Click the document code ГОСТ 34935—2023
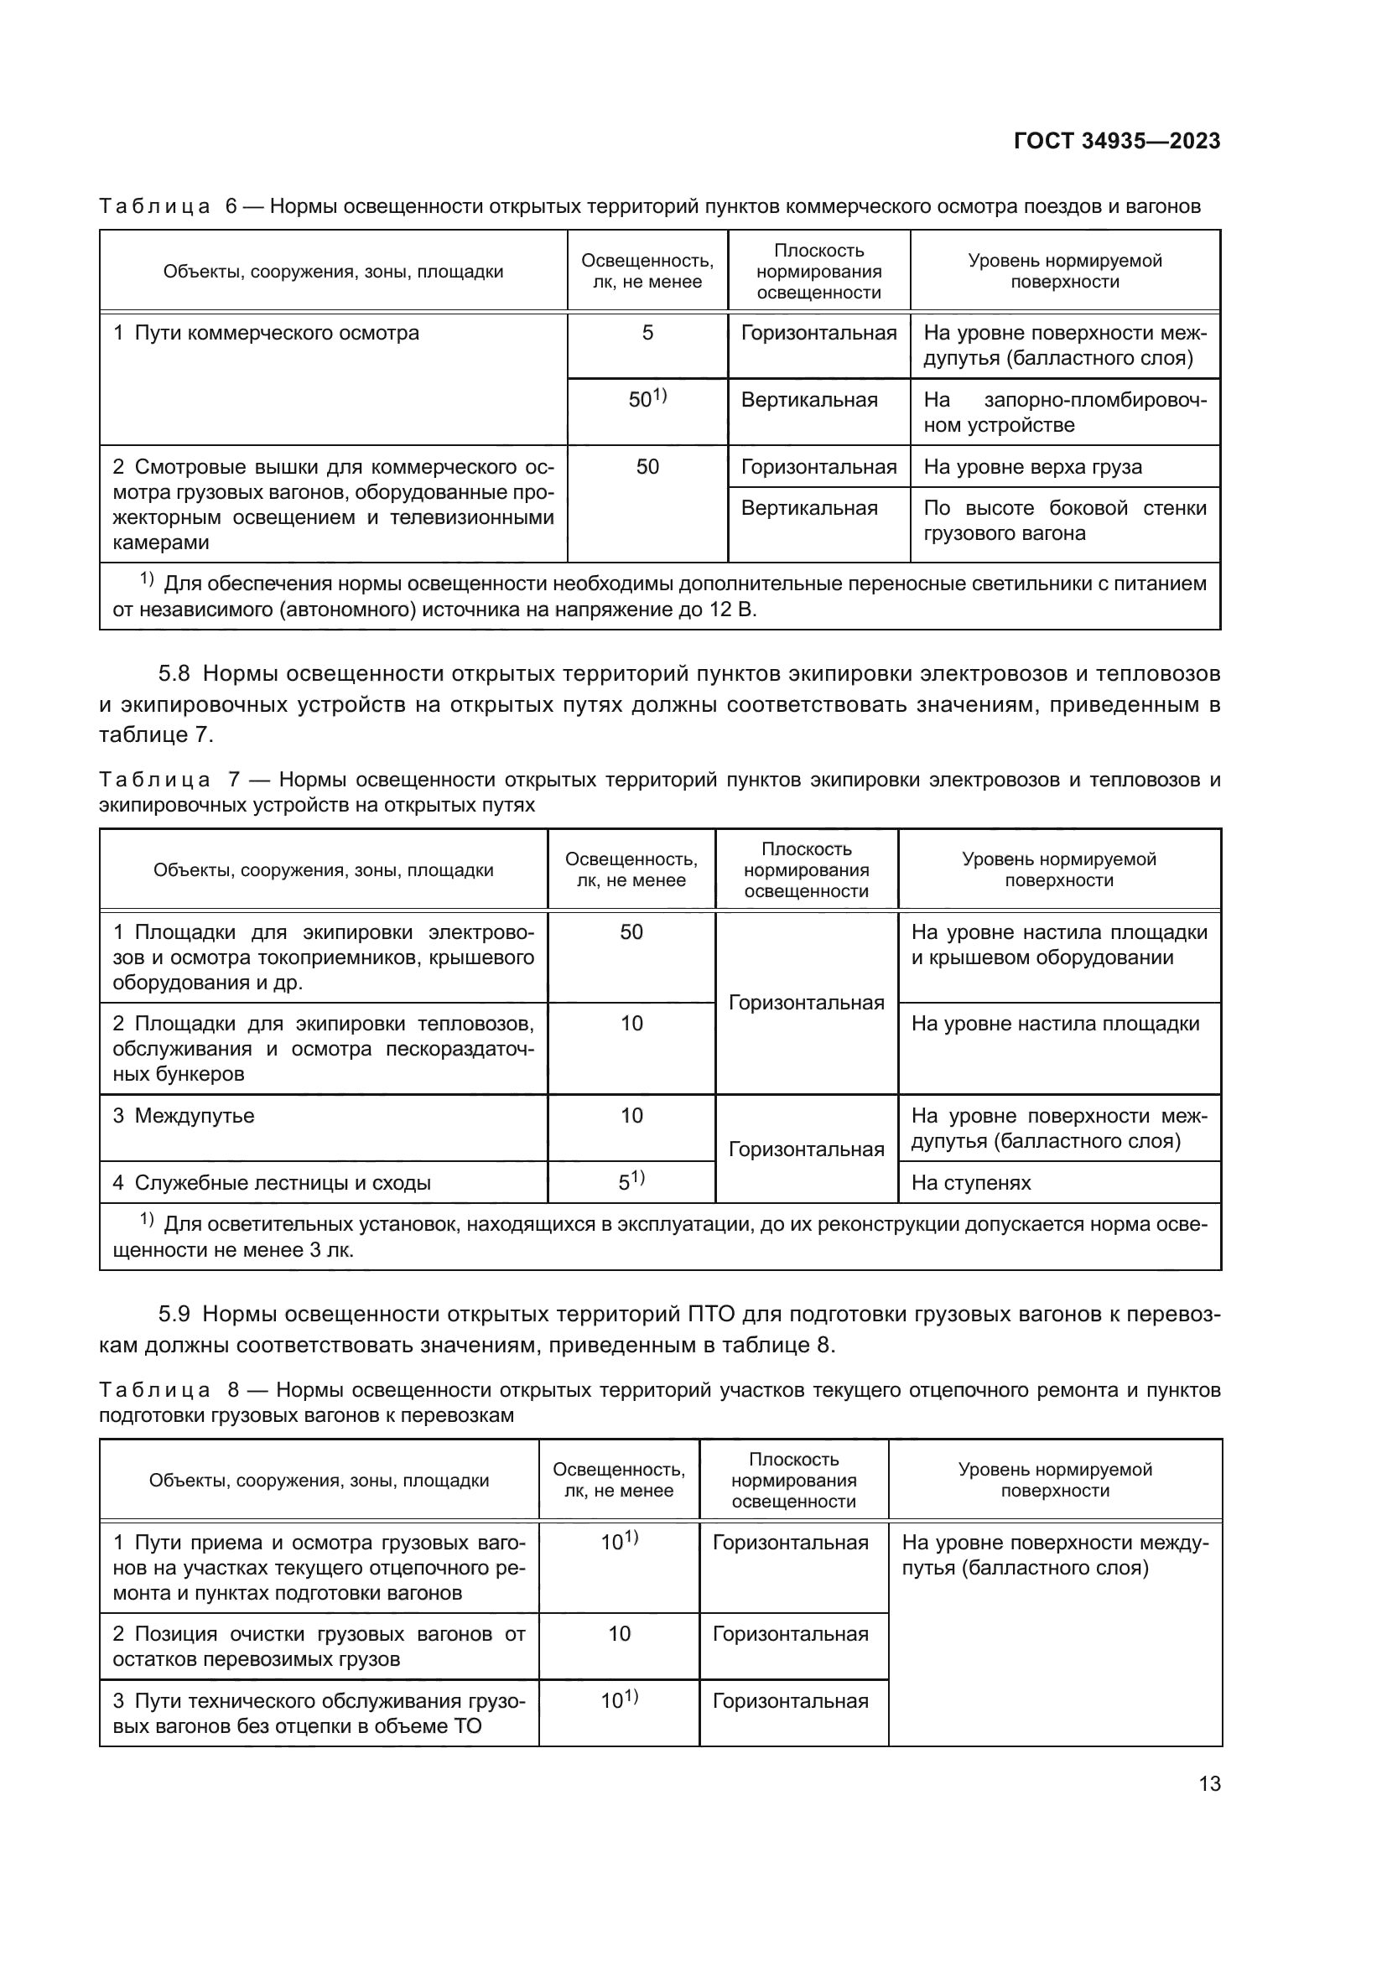[x=1116, y=142]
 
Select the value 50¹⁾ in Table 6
[x=647, y=399]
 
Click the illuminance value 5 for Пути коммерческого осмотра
[x=647, y=333]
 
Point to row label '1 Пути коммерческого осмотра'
[x=267, y=333]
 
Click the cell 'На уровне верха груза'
[x=1032, y=467]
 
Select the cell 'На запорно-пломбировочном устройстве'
[x=1064, y=412]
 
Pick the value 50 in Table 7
[x=631, y=932]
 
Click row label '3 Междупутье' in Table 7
[x=184, y=1116]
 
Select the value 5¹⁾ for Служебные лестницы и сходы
[x=631, y=1182]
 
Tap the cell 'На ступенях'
[x=971, y=1183]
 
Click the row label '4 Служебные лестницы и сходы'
[x=272, y=1183]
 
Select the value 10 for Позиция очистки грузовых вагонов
[x=619, y=1634]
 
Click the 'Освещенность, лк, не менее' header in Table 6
[x=647, y=272]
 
